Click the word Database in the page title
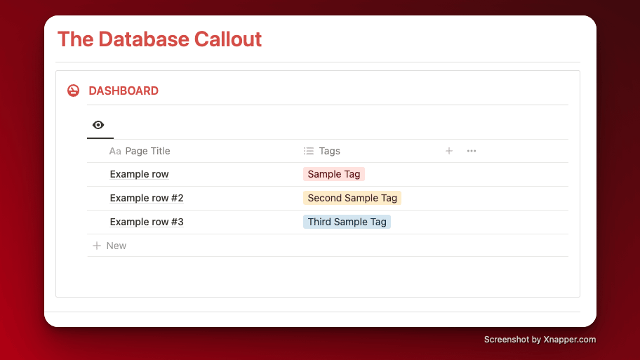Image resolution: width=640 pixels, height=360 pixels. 144,39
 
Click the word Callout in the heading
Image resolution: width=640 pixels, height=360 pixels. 228,39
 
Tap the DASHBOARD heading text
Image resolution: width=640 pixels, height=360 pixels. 124,91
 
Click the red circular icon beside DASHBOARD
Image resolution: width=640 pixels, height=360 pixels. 74,91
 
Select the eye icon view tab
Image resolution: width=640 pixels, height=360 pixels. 98,125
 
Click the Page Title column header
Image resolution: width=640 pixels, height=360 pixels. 148,151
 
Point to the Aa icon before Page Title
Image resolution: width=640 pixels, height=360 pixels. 115,152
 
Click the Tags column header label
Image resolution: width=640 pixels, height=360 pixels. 329,151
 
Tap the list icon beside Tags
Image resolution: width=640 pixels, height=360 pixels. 309,151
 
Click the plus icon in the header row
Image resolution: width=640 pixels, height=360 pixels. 449,151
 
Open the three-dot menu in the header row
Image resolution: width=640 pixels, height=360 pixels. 472,151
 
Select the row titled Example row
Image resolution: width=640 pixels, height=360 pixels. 139,174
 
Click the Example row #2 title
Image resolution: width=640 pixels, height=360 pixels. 147,198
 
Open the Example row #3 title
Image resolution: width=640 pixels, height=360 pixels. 147,222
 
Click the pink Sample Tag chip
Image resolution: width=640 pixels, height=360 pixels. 334,174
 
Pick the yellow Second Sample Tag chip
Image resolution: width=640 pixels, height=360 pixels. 352,198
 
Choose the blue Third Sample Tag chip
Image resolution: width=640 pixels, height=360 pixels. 347,222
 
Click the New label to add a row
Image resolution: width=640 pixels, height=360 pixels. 116,246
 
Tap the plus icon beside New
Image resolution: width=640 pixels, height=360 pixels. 97,246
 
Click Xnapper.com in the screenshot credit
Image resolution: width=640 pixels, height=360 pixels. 569,340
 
